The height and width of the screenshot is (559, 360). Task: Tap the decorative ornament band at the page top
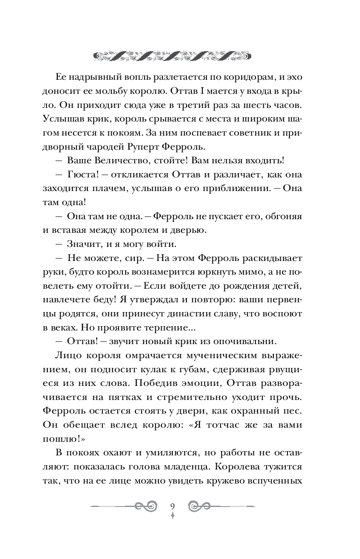(173, 55)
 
